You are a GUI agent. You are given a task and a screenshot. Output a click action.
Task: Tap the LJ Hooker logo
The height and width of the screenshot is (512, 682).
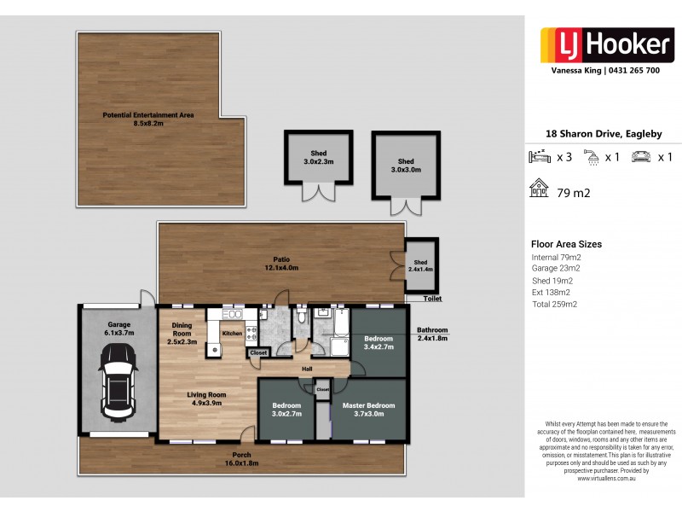pos(601,44)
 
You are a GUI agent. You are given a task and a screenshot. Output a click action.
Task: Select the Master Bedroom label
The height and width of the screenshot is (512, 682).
pos(369,410)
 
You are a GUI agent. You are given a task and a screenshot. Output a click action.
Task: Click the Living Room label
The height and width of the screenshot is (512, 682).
pos(206,399)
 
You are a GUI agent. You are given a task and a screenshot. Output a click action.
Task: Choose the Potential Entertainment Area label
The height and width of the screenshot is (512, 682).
pos(147,119)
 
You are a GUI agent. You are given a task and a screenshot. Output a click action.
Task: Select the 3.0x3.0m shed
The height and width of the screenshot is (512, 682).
pos(406,166)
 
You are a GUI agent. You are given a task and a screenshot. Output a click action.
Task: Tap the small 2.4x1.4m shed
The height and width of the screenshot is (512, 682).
pos(419,265)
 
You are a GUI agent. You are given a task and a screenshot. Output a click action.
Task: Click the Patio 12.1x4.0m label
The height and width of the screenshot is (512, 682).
pos(280,264)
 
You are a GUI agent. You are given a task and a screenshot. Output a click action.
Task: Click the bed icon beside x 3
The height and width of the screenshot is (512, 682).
pos(540,157)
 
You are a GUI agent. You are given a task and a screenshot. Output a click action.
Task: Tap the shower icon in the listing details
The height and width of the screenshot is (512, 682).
pos(591,157)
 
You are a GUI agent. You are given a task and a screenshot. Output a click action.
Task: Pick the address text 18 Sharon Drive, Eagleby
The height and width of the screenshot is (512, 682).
pos(603,134)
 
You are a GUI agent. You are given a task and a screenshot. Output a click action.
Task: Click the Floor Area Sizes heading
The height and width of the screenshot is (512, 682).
pos(566,244)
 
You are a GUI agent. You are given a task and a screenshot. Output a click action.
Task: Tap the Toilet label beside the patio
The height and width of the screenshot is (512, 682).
pos(432,300)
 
